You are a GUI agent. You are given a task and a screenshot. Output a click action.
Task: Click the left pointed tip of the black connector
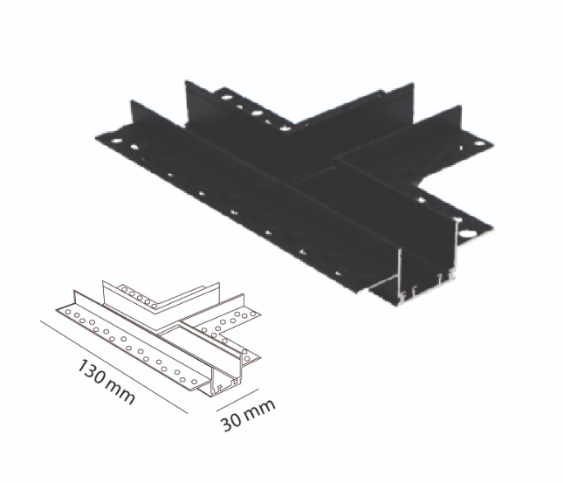pos(97,137)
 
